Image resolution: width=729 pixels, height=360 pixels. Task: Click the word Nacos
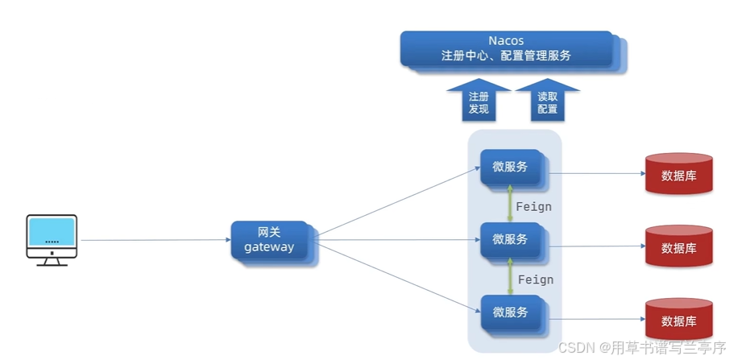pos(506,40)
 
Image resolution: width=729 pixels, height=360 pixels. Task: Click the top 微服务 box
pos(510,168)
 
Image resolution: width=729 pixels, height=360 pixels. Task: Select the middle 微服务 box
pos(510,239)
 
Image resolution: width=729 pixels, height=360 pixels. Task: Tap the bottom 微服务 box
pos(510,312)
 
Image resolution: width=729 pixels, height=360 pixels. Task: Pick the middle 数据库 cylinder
pos(678,246)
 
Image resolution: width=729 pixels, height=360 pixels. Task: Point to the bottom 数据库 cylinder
pos(678,319)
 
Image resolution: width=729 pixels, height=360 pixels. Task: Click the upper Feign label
pos(534,207)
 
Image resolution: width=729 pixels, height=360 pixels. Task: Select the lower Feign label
pos(535,279)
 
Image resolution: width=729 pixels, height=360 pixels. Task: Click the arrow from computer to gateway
pos(153,240)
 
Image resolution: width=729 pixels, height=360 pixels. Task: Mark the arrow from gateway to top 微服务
pos(395,202)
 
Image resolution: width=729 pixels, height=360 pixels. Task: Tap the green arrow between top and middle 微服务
pos(509,202)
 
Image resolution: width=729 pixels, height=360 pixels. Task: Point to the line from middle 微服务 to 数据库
pos(596,246)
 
